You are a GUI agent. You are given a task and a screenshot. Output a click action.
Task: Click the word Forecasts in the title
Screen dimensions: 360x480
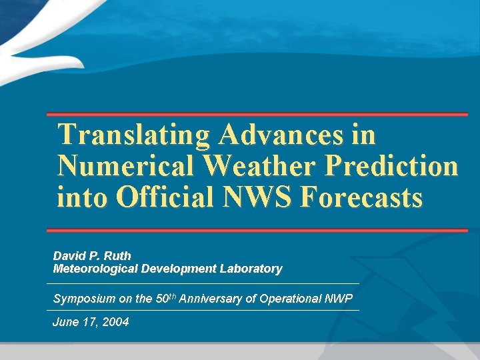pyautogui.click(x=362, y=197)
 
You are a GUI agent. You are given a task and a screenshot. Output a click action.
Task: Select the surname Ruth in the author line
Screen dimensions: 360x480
pyautogui.click(x=117, y=255)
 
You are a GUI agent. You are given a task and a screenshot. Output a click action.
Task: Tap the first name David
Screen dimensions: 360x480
pyautogui.click(x=69, y=255)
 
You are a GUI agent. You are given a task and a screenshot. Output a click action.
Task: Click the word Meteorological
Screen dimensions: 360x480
pyautogui.click(x=95, y=269)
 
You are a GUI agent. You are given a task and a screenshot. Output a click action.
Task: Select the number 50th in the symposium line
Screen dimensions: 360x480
pyautogui.click(x=166, y=298)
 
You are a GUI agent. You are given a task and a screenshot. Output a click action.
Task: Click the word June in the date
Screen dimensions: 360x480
pyautogui.click(x=65, y=323)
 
